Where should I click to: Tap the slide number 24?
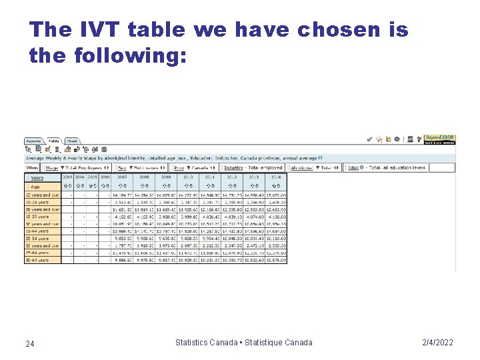pos(30,343)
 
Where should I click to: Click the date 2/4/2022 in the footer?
pos(437,343)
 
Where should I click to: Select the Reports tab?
pos(33,141)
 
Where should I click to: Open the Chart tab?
pos(72,141)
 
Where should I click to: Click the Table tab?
pos(53,141)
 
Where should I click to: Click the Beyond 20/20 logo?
pos(440,139)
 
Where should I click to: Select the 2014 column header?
pos(276,177)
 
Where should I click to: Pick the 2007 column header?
pos(122,177)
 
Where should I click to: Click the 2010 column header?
pos(188,177)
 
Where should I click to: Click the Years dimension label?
pos(37,178)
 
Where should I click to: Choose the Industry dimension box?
pos(253,167)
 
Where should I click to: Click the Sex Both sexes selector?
pos(140,167)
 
